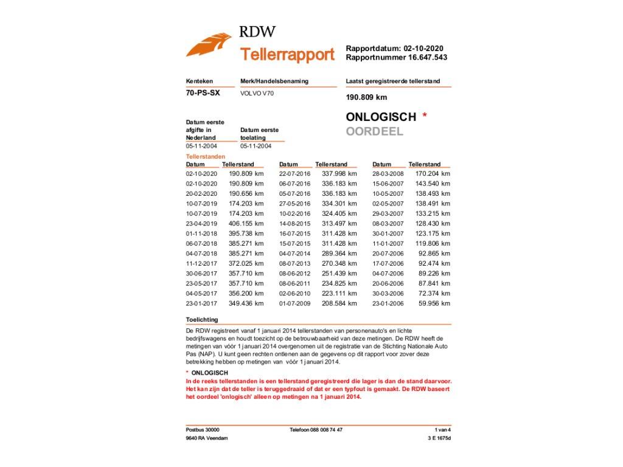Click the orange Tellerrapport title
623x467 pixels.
[x=287, y=55]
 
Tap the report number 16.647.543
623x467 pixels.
[x=424, y=58]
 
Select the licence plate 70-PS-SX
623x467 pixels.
[x=203, y=93]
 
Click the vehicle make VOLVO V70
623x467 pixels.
[x=257, y=94]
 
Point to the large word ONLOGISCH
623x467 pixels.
[x=381, y=117]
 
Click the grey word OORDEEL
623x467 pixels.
[x=374, y=131]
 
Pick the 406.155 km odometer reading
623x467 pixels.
[x=246, y=223]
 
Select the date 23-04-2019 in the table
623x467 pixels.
[x=201, y=224]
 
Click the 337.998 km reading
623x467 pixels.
[x=339, y=174]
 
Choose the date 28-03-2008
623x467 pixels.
[x=388, y=174]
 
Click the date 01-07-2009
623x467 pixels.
[x=294, y=303]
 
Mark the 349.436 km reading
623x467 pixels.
[x=246, y=303]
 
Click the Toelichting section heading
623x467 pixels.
[x=202, y=320]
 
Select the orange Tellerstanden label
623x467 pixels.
[x=205, y=157]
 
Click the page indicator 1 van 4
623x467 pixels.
[x=442, y=430]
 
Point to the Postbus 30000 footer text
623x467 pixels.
[x=203, y=430]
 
